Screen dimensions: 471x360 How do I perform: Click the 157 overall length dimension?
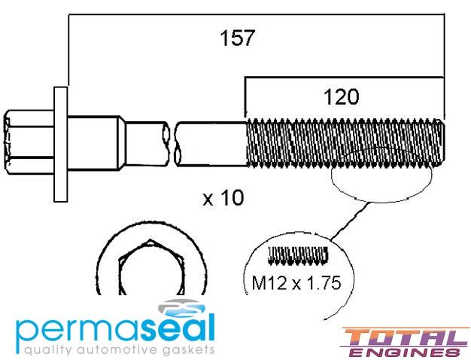tap(237, 38)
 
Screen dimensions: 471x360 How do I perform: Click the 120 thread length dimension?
tap(342, 97)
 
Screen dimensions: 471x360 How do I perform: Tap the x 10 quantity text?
tap(223, 198)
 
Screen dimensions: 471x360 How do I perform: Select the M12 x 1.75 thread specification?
tap(296, 282)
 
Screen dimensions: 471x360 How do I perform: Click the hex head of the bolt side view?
tap(29, 142)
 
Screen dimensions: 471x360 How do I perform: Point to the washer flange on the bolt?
tap(61, 144)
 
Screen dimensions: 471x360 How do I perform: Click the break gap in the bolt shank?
tap(172, 144)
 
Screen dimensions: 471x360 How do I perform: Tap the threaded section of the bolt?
tap(345, 142)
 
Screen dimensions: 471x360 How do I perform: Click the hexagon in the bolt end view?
tap(150, 267)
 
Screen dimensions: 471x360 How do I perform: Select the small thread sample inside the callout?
tap(298, 256)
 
